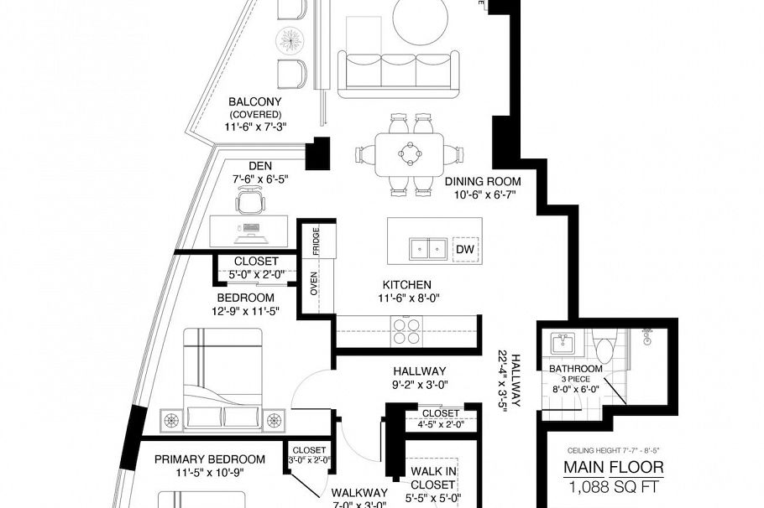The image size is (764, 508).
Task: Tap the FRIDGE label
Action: (315, 241)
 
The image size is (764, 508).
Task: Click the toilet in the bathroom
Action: (603, 345)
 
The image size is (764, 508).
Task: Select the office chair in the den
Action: (248, 201)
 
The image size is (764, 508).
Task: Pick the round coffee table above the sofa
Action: (425, 18)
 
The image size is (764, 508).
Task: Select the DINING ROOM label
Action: (483, 181)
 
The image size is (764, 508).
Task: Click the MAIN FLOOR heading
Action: (613, 467)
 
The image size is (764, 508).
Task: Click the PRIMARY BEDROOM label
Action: (210, 459)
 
